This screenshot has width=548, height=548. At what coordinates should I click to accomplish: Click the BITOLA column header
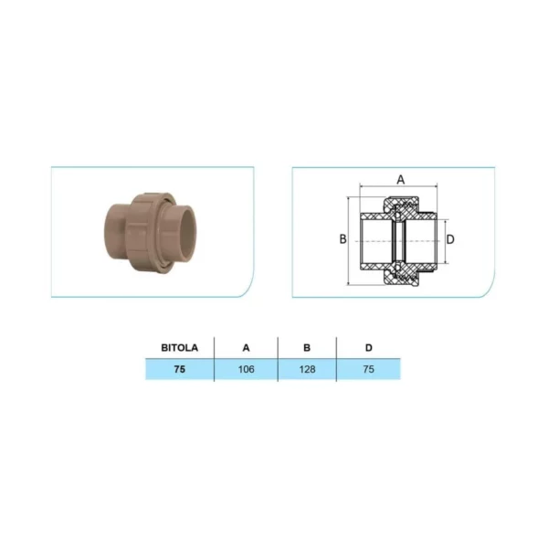point(179,348)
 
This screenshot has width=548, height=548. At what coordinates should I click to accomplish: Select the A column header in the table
point(246,348)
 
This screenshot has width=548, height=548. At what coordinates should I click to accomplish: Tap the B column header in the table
point(307,348)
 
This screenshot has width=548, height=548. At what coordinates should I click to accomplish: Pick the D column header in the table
point(368,348)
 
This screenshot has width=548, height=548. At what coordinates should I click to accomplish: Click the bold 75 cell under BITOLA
point(179,369)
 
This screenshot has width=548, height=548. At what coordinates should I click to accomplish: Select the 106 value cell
point(246,369)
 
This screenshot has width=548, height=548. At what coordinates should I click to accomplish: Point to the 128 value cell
point(307,369)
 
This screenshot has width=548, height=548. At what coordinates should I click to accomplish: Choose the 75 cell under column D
point(368,369)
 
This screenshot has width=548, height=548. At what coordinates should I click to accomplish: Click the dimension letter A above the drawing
point(401,180)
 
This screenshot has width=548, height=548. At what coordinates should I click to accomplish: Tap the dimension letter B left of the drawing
point(342,239)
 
